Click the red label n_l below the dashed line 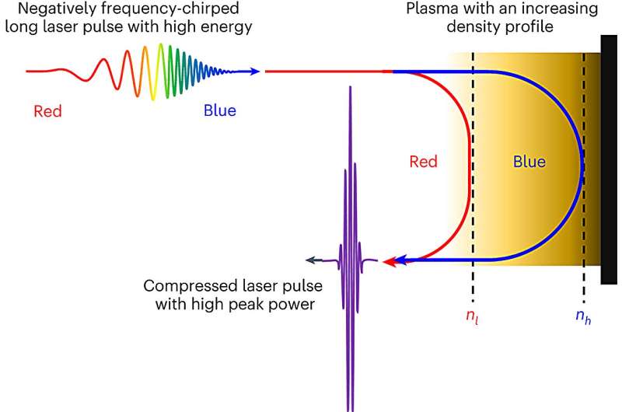pos(472,317)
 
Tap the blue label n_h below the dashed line pos(583,317)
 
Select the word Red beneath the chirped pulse pos(48,111)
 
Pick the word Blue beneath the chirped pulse pos(220,110)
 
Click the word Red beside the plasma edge pos(424,162)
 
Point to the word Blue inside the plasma pos(529,162)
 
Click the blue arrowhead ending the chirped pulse pos(254,72)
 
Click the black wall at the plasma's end pos(609,159)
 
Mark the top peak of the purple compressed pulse pos(351,87)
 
